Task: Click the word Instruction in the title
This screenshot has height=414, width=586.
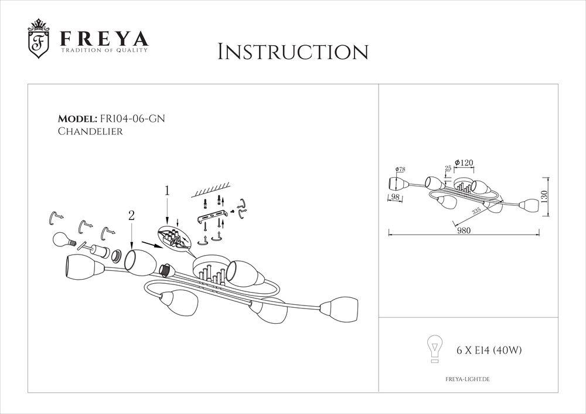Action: [x=292, y=52]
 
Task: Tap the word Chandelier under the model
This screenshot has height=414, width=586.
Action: [x=90, y=132]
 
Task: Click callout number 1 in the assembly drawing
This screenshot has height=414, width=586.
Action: [x=167, y=191]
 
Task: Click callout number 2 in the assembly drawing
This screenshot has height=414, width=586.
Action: [x=131, y=216]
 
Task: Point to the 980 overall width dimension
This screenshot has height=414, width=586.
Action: [x=464, y=230]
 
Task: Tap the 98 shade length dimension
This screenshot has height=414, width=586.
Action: [x=395, y=197]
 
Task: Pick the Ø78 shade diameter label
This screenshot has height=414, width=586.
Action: [x=400, y=169]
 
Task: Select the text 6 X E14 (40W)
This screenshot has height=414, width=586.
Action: [x=489, y=351]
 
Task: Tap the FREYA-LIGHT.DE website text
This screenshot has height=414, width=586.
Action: [x=464, y=380]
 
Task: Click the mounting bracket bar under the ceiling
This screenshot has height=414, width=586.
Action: [x=212, y=218]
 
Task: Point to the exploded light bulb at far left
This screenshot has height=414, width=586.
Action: [x=62, y=240]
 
